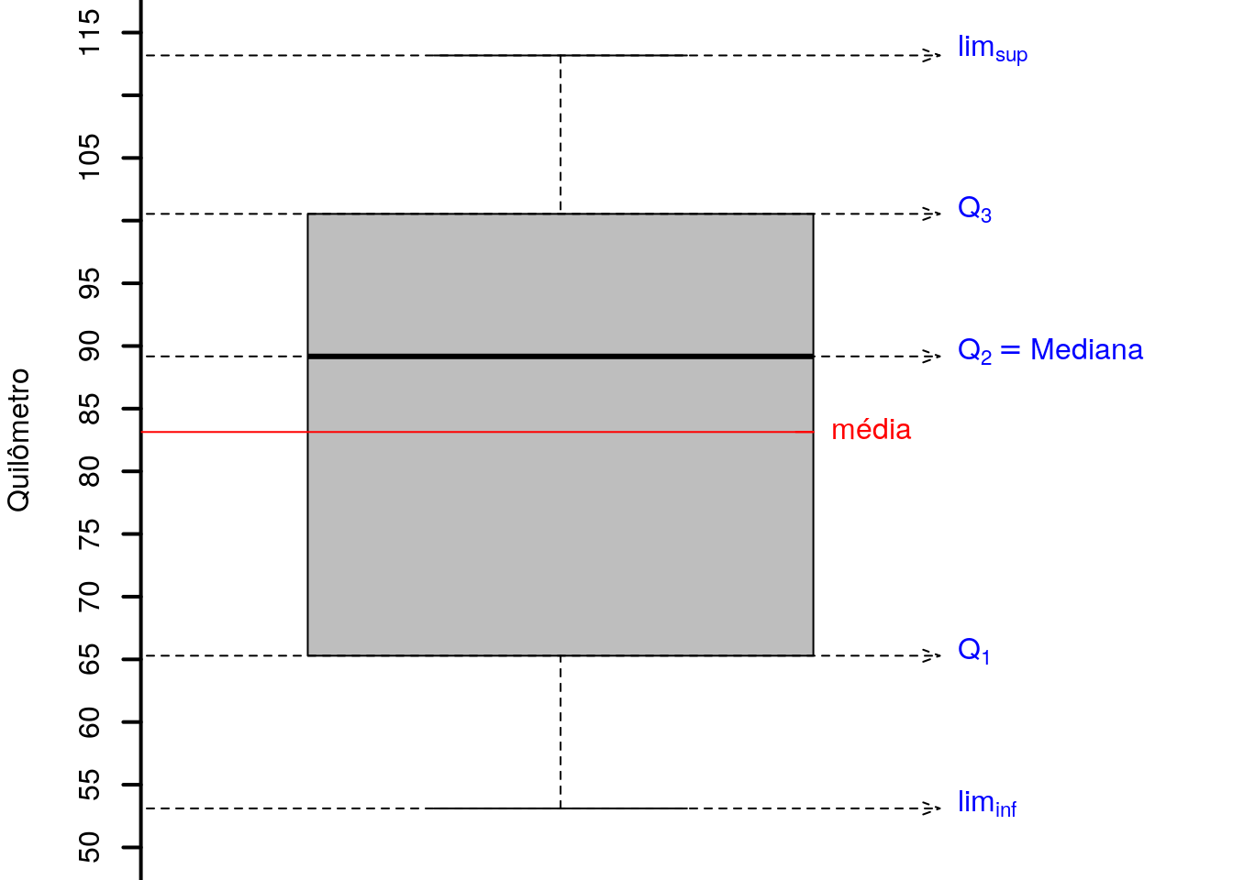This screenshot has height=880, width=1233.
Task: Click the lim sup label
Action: [993, 49]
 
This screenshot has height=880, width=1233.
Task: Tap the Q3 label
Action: [974, 210]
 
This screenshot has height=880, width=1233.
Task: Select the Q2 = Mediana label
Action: [1050, 350]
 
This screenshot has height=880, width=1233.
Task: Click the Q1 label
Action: [973, 651]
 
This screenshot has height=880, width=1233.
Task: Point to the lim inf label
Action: [987, 804]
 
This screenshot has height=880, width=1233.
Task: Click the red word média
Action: [871, 430]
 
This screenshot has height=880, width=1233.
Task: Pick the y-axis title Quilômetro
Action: [17, 440]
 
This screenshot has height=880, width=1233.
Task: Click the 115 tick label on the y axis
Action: [90, 32]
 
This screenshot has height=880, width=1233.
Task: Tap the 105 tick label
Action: [90, 157]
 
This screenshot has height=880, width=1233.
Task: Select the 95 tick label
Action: [90, 283]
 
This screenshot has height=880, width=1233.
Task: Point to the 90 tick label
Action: [90, 346]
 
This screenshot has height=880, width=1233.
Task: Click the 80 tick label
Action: [90, 471]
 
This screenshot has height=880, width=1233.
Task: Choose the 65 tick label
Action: [90, 659]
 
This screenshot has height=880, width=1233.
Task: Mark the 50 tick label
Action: [90, 847]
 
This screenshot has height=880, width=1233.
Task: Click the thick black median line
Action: [561, 357]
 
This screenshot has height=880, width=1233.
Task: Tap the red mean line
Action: [477, 432]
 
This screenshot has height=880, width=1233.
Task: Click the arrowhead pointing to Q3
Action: [931, 214]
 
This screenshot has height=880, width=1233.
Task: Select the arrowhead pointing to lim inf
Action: [931, 808]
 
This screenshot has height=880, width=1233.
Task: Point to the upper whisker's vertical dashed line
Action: [561, 134]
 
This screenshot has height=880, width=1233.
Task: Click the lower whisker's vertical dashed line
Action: [561, 731]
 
